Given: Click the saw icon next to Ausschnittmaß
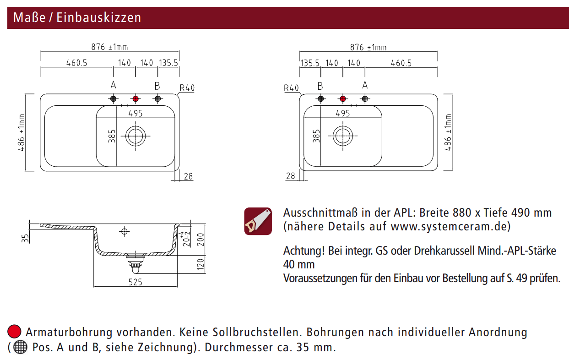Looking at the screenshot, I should pos(258,221).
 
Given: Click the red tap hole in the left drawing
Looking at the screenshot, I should pos(135,98).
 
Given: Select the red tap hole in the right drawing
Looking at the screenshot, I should pos(343,98).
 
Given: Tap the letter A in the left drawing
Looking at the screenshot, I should pos(113,85).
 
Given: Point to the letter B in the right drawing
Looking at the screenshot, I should pos(320,86).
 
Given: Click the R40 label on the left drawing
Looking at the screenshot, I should pos(187,88).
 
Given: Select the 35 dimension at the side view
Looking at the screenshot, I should pos(26,237).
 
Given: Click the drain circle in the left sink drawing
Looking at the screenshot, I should pos(135,136).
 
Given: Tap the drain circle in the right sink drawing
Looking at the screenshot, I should pos(343,136).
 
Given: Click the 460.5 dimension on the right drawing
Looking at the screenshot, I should pos(401,63).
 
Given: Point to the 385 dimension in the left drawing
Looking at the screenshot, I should pos(112,136).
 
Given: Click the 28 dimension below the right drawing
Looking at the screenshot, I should pos(290,176).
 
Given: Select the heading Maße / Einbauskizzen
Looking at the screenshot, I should pos(77,17).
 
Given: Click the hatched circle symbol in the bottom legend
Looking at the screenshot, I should pos(20,347).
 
